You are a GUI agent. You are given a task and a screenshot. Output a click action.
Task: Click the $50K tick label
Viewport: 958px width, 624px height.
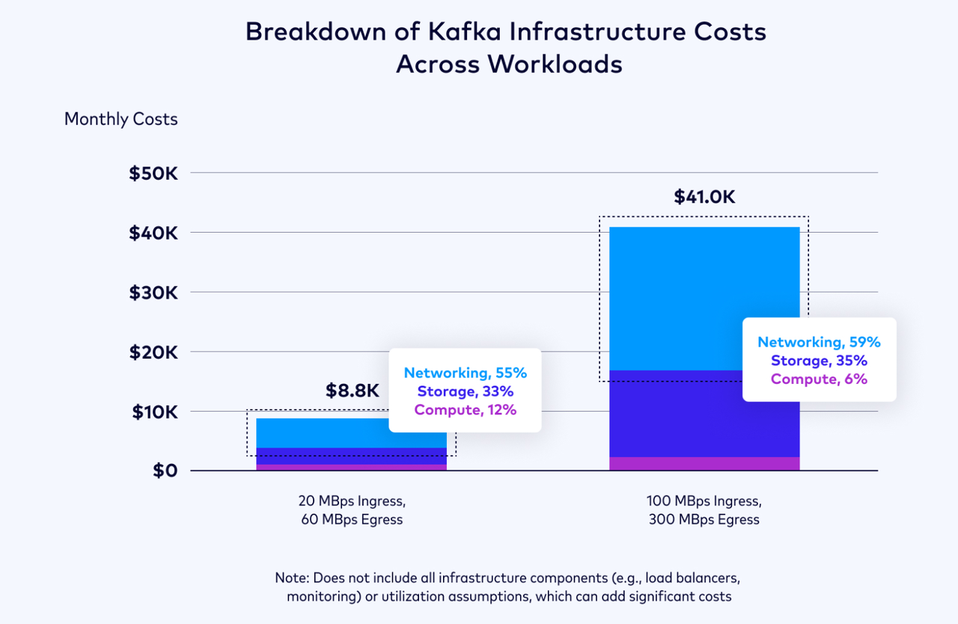click(153, 174)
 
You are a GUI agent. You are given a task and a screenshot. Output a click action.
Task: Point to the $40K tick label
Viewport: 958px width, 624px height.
click(153, 233)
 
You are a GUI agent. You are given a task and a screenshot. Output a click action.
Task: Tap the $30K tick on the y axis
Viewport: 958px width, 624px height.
click(153, 293)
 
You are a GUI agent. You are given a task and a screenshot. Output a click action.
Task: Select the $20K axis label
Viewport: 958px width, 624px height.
click(153, 352)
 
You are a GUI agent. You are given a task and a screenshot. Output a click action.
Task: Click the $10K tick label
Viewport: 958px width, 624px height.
click(154, 412)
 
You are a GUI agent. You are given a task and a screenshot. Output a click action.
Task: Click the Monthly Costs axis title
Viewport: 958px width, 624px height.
click(121, 119)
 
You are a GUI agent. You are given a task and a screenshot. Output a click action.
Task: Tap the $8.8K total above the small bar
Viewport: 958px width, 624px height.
click(353, 391)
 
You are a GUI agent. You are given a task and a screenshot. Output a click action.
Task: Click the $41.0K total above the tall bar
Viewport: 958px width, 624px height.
click(704, 197)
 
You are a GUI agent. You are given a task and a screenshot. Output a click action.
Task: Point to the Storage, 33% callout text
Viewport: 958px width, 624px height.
click(465, 391)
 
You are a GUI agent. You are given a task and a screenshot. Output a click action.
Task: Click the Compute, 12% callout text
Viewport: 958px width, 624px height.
click(465, 409)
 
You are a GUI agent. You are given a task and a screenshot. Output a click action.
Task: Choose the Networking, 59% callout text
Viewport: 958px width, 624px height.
click(819, 342)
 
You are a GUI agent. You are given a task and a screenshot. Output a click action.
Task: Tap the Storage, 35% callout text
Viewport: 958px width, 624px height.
click(819, 361)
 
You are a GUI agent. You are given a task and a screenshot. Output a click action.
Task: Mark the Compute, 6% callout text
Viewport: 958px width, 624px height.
click(819, 379)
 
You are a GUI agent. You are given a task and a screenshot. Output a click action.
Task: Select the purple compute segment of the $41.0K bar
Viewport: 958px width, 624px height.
click(704, 463)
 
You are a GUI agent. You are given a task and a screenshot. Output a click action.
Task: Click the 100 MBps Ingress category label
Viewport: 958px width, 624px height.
click(704, 501)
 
